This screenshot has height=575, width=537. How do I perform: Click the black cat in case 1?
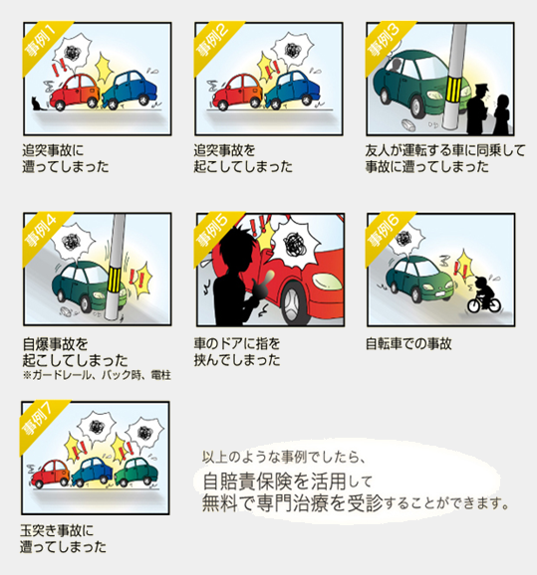36,103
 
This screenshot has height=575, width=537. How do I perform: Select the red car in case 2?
238,92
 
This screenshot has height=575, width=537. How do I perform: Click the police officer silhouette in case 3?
478,109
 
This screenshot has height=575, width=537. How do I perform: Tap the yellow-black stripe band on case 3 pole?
454,90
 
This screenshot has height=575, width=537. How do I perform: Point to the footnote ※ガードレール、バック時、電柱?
97,375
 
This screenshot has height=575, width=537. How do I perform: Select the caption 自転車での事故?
408,344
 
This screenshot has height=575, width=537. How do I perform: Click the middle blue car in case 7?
93,472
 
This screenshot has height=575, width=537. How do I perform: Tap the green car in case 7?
135,473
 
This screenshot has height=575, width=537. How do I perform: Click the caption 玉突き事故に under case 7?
57,530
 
